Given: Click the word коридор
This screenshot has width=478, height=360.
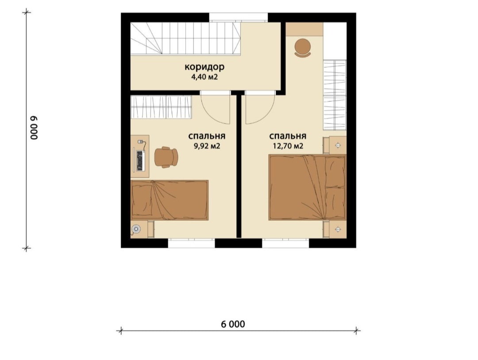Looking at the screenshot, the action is tap(204, 66).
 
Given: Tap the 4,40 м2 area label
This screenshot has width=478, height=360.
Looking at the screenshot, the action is tap(204, 77).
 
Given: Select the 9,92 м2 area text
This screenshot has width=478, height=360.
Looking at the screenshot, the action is tap(207, 146).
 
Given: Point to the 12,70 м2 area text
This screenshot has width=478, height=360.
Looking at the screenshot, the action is tap(288, 146).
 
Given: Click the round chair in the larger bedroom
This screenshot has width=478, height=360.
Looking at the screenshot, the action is tap(303, 48).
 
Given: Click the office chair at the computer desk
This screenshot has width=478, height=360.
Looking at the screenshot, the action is tap(166, 157).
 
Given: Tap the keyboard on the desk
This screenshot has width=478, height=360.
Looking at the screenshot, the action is tap(141, 161).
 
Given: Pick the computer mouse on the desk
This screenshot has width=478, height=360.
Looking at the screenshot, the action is tap(141, 142).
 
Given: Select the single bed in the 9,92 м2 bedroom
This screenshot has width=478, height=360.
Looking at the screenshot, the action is tap(170, 200).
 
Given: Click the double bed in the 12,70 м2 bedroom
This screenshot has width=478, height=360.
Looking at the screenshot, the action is tap(307, 188).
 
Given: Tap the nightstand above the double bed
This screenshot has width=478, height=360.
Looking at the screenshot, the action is tap(335, 145).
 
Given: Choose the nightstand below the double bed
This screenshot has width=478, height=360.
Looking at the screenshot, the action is tap(335, 229).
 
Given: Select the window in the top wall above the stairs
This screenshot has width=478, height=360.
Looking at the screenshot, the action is tap(239, 17).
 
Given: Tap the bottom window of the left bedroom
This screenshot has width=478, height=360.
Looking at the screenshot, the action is tap(192, 243).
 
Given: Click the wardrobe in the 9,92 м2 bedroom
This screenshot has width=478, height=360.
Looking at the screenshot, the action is tap(161, 107).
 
